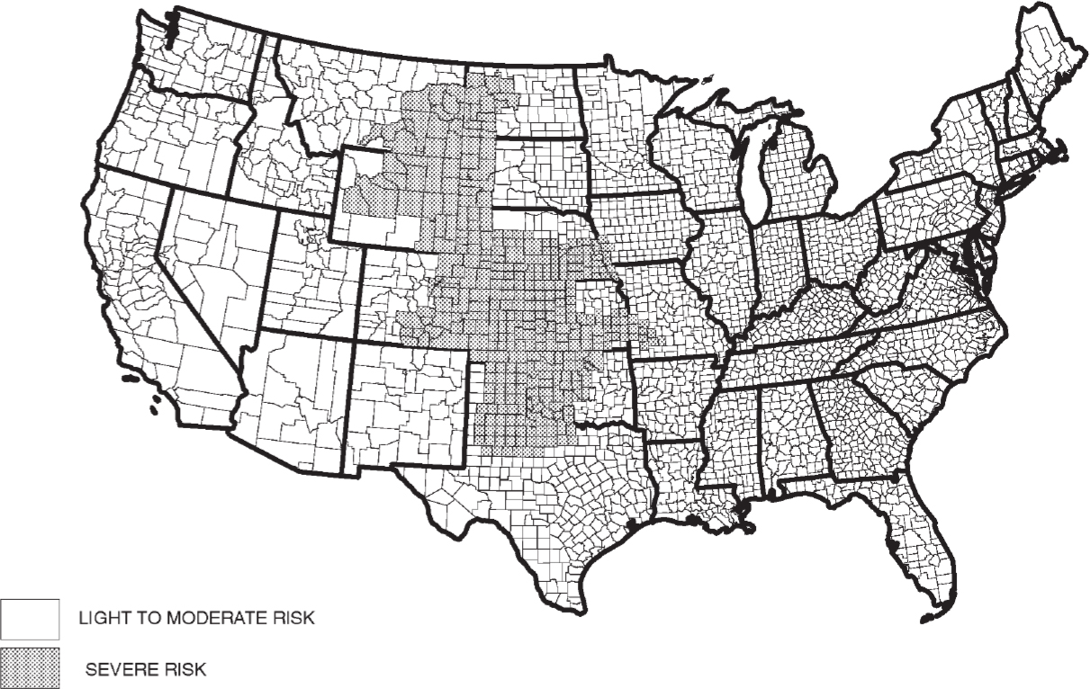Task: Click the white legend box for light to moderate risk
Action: (30, 620)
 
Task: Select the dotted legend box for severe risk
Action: (30, 667)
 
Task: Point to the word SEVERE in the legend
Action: (118, 669)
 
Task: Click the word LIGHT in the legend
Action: (102, 620)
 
